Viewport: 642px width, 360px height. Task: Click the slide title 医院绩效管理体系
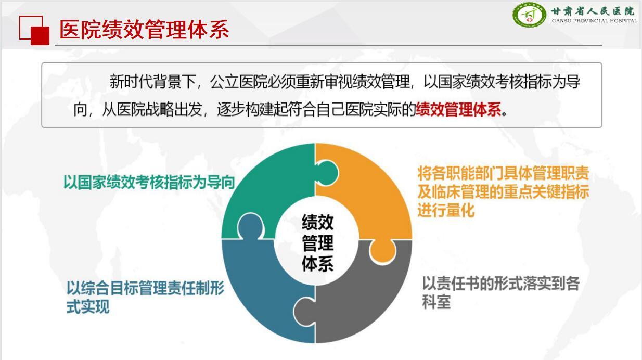point(144,30)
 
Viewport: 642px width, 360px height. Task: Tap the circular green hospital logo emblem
point(530,15)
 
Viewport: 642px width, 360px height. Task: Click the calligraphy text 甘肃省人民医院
point(593,10)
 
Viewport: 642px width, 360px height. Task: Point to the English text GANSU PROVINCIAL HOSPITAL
point(594,21)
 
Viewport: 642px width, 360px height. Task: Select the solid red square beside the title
point(40,35)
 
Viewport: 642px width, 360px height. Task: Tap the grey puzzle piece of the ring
point(364,297)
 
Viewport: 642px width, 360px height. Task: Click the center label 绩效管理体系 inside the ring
point(317,243)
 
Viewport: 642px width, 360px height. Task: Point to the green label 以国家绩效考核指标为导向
point(149,182)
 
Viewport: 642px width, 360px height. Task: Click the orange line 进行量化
point(446,211)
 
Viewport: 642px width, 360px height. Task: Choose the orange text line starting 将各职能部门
point(503,174)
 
